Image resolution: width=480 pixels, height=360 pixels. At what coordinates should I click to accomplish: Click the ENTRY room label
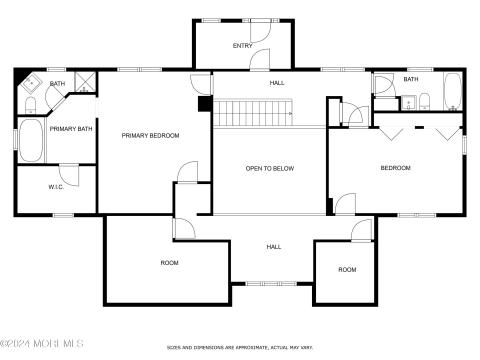point(242,46)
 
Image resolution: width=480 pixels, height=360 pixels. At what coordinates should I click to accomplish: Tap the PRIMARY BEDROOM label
point(150,135)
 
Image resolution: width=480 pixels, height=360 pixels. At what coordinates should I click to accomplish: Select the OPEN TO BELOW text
point(270,168)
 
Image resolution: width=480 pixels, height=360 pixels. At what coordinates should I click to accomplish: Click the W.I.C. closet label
point(56,187)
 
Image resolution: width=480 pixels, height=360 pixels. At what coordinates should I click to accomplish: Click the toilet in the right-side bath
point(424,99)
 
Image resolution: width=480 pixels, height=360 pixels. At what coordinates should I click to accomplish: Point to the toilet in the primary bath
point(30,105)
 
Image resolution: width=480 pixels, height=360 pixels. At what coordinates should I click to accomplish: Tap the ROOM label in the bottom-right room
point(346,269)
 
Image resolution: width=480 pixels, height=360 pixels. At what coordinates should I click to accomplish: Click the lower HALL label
point(273,246)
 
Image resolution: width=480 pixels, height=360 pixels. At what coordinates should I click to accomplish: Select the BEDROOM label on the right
point(395,168)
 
